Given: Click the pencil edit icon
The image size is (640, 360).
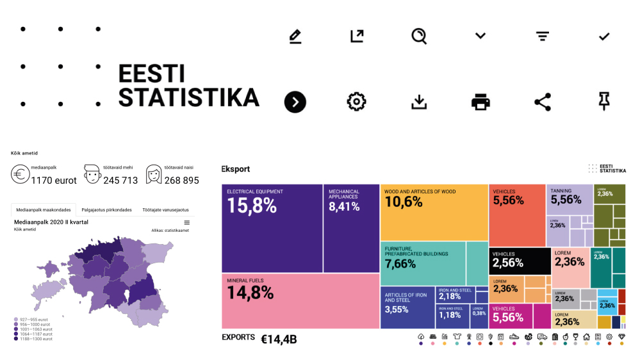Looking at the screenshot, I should [x=295, y=37].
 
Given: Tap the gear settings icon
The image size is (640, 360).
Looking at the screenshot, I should [x=356, y=101].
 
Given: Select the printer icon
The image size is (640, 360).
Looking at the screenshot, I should [x=480, y=101].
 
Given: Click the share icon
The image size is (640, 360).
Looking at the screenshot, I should [x=543, y=101].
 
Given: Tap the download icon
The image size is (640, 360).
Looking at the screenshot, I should [x=419, y=102].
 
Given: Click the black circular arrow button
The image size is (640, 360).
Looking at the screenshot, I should [x=295, y=102].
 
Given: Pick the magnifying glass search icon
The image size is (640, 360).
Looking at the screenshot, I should [x=419, y=37].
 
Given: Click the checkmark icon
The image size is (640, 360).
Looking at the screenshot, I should [x=604, y=37].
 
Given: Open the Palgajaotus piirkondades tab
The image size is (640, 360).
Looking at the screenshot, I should [x=106, y=209].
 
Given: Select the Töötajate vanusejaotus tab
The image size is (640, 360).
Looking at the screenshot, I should [x=165, y=209].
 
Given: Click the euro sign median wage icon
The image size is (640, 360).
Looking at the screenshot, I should [x=20, y=175].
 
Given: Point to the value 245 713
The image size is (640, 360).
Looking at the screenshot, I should [x=120, y=181].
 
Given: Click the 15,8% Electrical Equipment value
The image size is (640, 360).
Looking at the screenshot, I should [x=252, y=206].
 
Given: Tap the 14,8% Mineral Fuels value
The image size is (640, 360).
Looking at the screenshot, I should [x=250, y=292].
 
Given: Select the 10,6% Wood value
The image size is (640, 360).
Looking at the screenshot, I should [x=404, y=202].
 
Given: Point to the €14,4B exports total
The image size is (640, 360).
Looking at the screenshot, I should [x=279, y=339].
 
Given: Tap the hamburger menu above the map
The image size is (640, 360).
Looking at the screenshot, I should [x=186, y=222].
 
